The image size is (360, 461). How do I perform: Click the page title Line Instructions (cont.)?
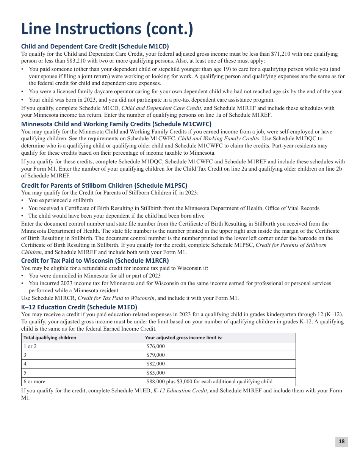click(x=107, y=29)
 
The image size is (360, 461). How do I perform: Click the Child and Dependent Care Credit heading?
click(x=95, y=46)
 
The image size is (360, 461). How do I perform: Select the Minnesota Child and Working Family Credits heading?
click(x=116, y=124)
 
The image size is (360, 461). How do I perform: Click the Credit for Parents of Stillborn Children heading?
click(x=104, y=185)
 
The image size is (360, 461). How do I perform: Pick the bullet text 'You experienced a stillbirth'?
click(x=61, y=200)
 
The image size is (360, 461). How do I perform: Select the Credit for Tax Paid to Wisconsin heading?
click(x=95, y=260)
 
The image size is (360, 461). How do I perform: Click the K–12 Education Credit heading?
click(x=79, y=307)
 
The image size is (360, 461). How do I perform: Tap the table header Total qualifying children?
click(x=50, y=338)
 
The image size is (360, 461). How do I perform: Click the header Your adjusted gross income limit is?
click(x=183, y=338)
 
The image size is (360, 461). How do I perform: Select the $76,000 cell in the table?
click(x=155, y=347)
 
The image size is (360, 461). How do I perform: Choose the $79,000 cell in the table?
click(x=155, y=355)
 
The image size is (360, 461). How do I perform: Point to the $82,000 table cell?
click(x=155, y=364)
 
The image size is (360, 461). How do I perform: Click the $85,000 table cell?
click(x=155, y=373)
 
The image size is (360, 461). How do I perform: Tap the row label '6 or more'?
click(x=34, y=382)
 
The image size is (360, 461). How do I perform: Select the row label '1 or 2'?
click(x=30, y=347)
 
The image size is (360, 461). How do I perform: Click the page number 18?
click(x=341, y=441)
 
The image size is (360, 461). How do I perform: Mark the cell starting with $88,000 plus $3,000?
click(x=209, y=382)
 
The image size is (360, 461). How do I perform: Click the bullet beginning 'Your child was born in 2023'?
click(x=152, y=100)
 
